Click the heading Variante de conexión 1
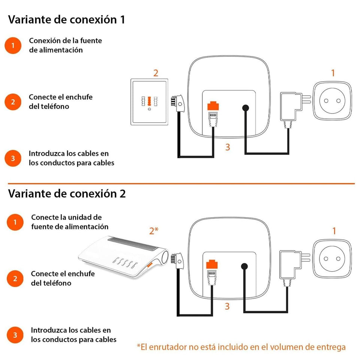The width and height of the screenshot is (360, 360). tap(66, 19)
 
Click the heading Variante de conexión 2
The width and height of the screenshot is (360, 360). tap(67, 194)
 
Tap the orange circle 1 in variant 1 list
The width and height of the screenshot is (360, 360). tap(13, 46)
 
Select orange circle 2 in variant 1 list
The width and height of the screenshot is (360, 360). tap(13, 102)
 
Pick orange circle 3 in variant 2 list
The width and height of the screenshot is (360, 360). tap(15, 335)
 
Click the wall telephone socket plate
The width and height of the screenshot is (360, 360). tap(149, 102)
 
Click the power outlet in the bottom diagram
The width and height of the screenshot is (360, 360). tap(332, 259)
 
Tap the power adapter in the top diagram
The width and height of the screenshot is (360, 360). tap(291, 107)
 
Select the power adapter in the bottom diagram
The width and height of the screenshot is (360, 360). tap(291, 266)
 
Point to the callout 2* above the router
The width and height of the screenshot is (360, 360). tap(154, 231)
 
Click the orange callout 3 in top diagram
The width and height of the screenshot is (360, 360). tap(227, 147)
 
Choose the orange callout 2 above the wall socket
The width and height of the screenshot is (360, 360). tap(156, 73)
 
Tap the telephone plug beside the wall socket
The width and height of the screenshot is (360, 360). tap(177, 103)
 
